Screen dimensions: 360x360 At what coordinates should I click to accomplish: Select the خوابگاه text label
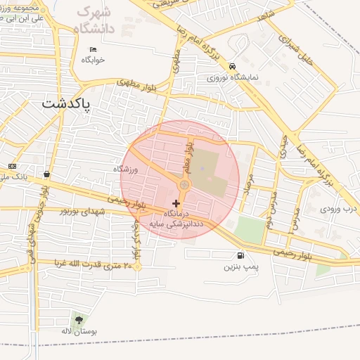coord(93,60)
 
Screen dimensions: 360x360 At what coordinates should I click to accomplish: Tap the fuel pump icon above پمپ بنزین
coord(242,256)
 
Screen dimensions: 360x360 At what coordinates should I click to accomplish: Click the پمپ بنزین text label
coord(242,267)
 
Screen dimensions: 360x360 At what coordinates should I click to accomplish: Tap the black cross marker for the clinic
coord(176,203)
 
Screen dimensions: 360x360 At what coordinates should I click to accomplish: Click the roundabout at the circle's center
coord(184,185)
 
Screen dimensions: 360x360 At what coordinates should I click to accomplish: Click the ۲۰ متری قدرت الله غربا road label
coord(89,265)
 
